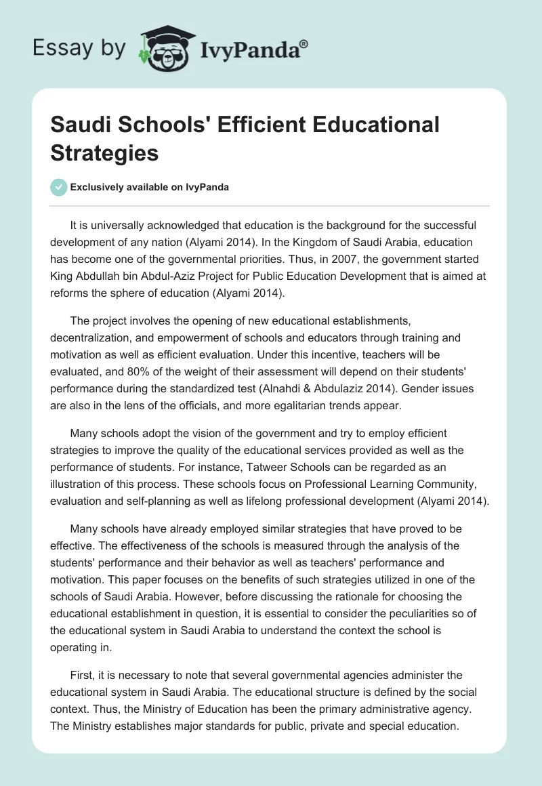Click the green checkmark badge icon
[x=59, y=188]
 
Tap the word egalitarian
[x=314, y=405]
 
